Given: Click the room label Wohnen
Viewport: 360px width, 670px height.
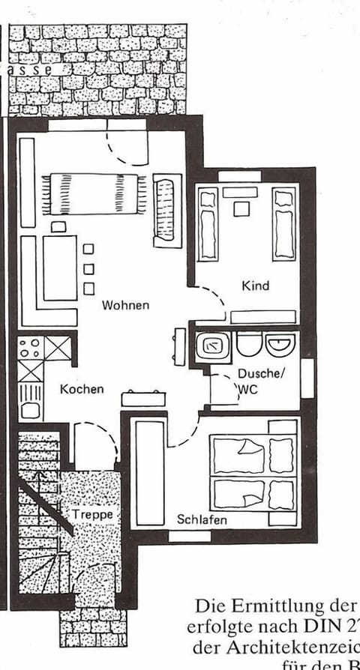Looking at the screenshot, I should [x=126, y=305].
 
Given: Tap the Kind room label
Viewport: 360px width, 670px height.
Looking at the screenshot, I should [x=255, y=286].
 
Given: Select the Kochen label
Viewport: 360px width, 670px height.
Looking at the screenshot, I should [x=82, y=389].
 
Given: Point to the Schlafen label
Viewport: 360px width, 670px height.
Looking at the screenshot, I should [x=202, y=519].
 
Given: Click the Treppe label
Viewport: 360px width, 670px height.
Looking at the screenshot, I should [x=93, y=514].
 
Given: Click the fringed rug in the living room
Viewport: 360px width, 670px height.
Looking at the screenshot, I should [x=94, y=193].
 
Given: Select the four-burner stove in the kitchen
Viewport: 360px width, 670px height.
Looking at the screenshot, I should [x=31, y=348].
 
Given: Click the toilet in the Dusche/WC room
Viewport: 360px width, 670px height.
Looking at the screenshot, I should [x=247, y=344].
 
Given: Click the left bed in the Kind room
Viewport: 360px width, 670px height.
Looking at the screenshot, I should [x=208, y=223].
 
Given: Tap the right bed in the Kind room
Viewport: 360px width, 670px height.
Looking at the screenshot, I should [x=283, y=223].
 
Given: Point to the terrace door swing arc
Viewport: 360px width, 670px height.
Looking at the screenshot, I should [x=124, y=146].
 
